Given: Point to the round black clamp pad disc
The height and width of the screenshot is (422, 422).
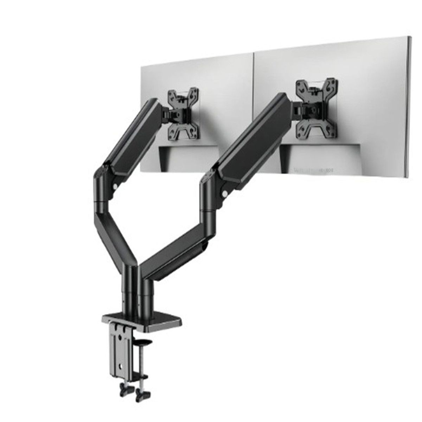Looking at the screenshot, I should coord(144,341).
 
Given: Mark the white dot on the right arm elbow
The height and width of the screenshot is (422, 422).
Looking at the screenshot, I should coord(224,193).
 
